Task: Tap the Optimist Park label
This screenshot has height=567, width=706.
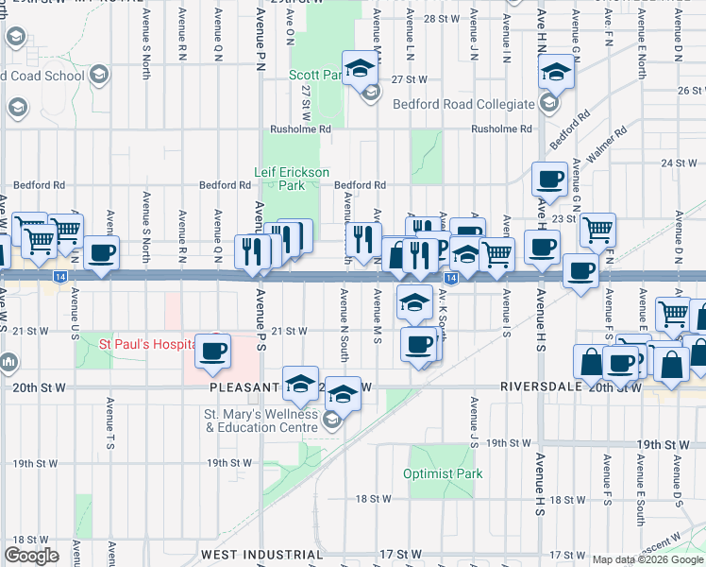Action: pyautogui.click(x=443, y=473)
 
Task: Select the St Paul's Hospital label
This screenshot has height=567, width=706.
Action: pyautogui.click(x=148, y=344)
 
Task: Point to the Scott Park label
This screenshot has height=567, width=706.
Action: pyautogui.click(x=315, y=74)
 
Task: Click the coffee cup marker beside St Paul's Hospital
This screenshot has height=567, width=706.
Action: pyautogui.click(x=212, y=351)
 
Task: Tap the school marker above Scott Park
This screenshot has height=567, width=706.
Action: pyautogui.click(x=360, y=67)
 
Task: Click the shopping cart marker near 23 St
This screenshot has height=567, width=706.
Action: pyautogui.click(x=597, y=228)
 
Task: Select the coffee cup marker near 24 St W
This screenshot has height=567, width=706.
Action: pyautogui.click(x=550, y=178)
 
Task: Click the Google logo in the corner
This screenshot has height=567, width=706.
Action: pyautogui.click(x=31, y=555)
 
